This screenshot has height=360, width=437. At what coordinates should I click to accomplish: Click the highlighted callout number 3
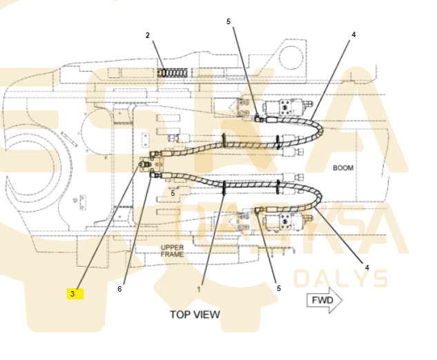click(x=72, y=294)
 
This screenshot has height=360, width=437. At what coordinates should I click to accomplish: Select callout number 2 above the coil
click(x=148, y=35)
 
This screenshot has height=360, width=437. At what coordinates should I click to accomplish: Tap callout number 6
click(x=119, y=289)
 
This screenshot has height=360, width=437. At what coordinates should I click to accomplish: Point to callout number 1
click(x=199, y=290)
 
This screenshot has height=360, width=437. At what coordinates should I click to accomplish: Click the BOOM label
click(x=343, y=168)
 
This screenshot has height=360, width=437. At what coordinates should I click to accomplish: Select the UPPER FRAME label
click(x=172, y=251)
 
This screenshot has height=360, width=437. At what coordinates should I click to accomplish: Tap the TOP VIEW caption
click(x=195, y=314)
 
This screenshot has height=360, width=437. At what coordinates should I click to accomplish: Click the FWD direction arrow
click(x=324, y=300)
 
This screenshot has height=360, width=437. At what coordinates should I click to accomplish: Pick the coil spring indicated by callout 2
click(x=172, y=73)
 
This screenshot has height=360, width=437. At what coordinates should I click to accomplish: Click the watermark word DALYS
click(x=340, y=279)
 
